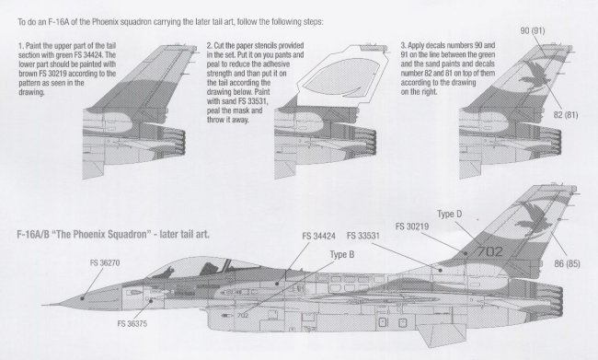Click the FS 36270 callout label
click(x=105, y=262)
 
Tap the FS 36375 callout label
click(x=132, y=324)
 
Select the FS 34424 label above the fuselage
click(x=318, y=237)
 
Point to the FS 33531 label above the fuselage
click(x=363, y=236)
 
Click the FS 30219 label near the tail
click(x=412, y=226)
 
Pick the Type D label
click(x=449, y=215)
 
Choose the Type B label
click(x=341, y=254)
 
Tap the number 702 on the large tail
click(x=490, y=251)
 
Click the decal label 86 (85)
click(x=567, y=263)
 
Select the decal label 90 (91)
click(x=533, y=30)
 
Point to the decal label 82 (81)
click(x=566, y=115)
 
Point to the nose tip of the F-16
click(x=43, y=305)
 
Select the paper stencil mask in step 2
click(x=341, y=74)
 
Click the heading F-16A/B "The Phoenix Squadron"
click(x=82, y=234)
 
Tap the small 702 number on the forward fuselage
click(x=243, y=315)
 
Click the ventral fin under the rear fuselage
click(x=443, y=334)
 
